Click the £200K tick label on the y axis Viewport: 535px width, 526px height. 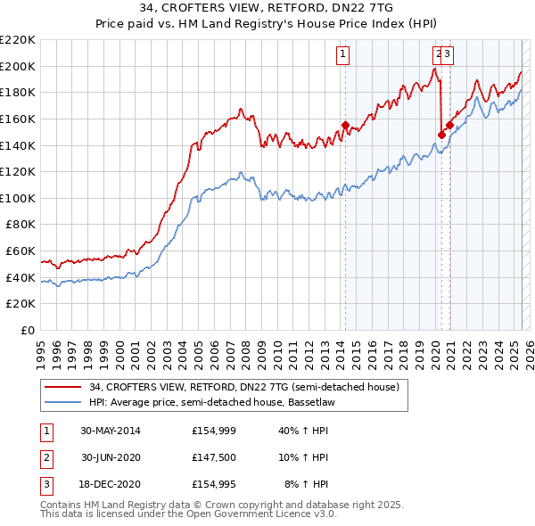[18, 66]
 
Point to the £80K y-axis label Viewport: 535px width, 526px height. [21, 225]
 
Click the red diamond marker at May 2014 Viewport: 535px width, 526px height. [345, 125]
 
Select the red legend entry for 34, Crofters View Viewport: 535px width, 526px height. [249, 387]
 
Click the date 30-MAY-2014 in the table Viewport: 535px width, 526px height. [111, 431]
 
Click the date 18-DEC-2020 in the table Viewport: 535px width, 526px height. [111, 486]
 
